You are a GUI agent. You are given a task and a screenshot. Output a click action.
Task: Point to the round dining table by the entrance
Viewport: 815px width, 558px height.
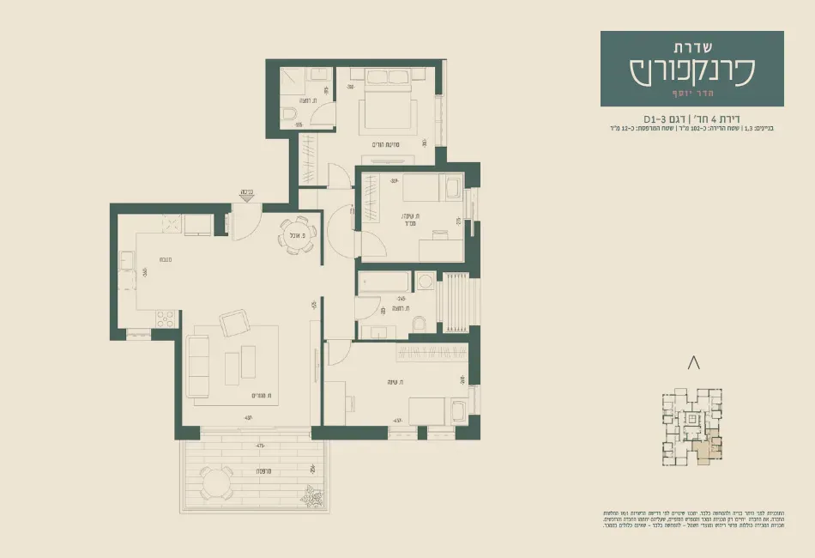tap(298, 234)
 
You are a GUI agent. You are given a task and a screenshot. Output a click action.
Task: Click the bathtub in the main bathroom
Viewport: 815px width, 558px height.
tap(383, 282)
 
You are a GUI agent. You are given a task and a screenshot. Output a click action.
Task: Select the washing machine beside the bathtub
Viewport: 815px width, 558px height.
tap(426, 282)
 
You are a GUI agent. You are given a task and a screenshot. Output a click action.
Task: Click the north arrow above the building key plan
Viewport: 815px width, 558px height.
tap(694, 364)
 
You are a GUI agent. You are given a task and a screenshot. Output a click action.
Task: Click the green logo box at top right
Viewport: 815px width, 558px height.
tap(691, 69)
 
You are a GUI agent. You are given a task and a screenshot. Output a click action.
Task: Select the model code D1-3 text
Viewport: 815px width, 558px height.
tap(658, 118)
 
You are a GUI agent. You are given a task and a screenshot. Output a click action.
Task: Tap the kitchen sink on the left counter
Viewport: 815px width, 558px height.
tap(125, 259)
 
